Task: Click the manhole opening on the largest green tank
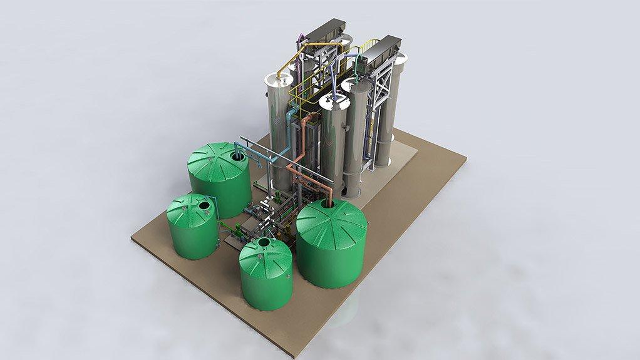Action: coord(328,204)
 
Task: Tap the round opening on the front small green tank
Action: coord(264,242)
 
